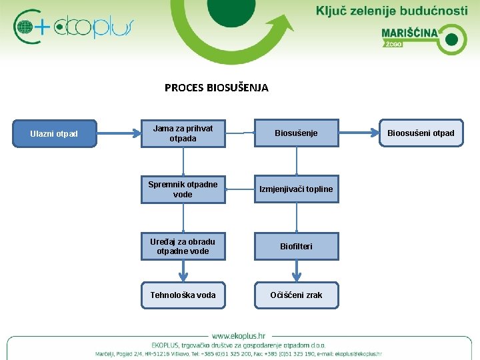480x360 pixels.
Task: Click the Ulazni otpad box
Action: coord(54,133)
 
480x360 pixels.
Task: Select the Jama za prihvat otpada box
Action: coord(183,133)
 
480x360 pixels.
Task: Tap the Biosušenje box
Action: coord(297,133)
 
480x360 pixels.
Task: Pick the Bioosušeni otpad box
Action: coord(421,133)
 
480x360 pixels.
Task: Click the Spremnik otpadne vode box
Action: coord(183,190)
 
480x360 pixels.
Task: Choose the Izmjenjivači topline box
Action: coord(297,189)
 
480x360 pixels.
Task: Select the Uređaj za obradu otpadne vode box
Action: coord(183,246)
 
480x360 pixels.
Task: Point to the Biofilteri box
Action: coord(297,246)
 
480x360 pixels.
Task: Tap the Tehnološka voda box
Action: coord(183,295)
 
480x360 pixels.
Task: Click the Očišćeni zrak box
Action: coord(297,295)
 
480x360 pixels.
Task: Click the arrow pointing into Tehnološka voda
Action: coord(183,271)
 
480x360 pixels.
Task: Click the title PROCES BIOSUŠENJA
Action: coord(216,87)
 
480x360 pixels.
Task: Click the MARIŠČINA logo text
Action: coord(409,33)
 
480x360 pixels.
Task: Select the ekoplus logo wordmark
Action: coord(93,27)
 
